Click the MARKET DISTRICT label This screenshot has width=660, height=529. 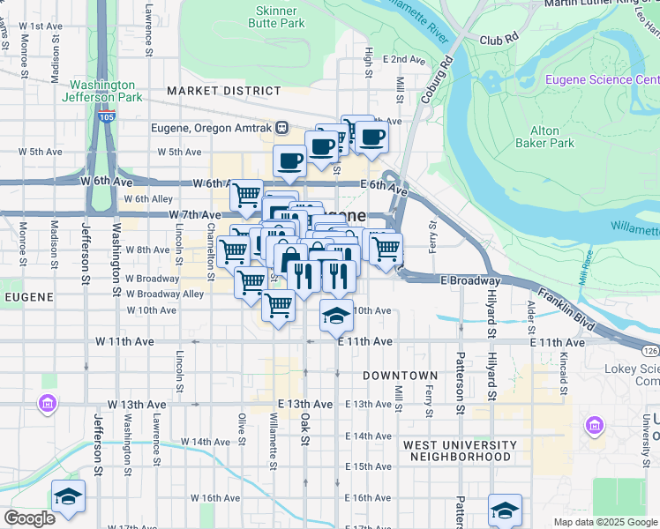coord(223,91)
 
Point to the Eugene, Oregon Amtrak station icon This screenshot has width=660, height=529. coord(281,127)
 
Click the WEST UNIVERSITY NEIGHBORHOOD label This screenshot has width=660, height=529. coord(459,451)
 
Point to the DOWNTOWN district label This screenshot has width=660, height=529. coord(394,376)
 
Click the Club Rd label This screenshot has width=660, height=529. coord(498,41)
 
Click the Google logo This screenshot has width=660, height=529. coord(29,518)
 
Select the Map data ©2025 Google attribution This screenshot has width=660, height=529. coord(604,522)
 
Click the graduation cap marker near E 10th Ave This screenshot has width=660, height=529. coord(334,316)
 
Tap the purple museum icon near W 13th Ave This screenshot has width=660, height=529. coord(46,404)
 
